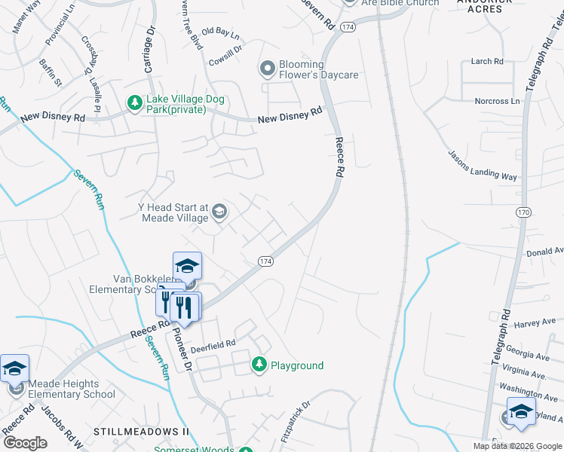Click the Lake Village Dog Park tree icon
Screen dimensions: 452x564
[134, 102]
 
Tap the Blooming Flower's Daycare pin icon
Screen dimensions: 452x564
[267, 70]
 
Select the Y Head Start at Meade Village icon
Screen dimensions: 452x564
[219, 212]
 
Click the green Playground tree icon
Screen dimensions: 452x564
[259, 365]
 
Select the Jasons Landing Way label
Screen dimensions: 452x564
[483, 166]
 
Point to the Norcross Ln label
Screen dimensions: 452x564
[497, 101]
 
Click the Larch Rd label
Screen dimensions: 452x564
[486, 62]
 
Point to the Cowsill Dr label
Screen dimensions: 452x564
[225, 49]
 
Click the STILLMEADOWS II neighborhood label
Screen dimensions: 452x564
[141, 432]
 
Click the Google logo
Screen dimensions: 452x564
[25, 443]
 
